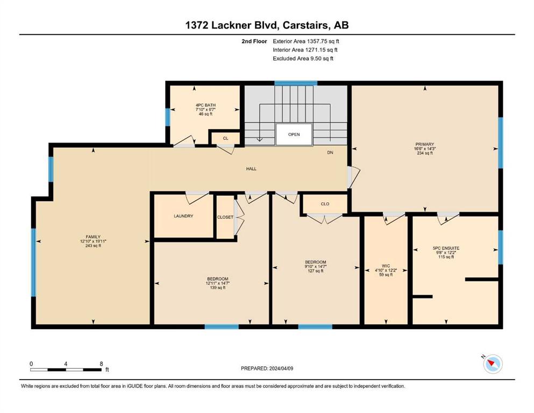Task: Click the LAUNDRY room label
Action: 183,216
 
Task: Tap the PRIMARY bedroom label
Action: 424,144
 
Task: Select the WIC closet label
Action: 386,266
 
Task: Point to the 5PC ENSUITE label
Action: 446,248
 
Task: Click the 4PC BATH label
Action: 205,105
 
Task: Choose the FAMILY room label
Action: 93,237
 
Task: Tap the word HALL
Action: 251,168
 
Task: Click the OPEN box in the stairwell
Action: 294,134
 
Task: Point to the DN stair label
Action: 330,153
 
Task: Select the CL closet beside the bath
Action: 225,138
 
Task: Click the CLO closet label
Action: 325,204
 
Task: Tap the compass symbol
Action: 493,364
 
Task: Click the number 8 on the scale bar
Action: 101,364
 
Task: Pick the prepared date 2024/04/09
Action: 281,368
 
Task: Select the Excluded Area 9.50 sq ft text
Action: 303,58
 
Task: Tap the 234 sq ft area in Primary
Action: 425,153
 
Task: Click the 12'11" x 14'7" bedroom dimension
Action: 218,283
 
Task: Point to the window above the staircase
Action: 296,83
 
